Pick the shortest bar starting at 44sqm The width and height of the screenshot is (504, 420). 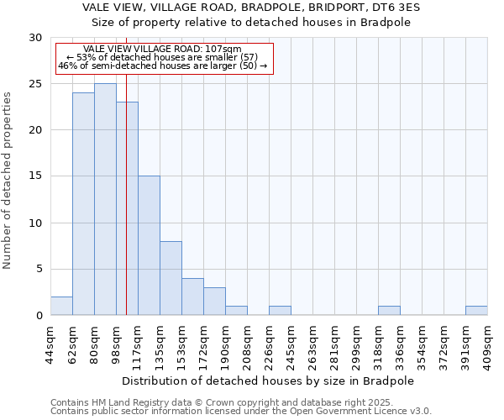(61, 306)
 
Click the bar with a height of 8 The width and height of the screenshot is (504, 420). (171, 278)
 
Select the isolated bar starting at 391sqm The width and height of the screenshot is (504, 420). (476, 311)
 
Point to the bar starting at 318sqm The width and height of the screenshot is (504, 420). (389, 311)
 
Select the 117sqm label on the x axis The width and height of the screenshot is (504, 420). (138, 344)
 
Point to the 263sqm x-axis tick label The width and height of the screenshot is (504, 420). (312, 344)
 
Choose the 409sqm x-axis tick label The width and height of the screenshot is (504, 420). (487, 344)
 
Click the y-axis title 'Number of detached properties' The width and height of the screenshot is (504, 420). (8, 181)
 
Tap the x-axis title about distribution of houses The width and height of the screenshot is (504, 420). (269, 381)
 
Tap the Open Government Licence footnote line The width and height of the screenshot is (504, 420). (241, 412)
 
